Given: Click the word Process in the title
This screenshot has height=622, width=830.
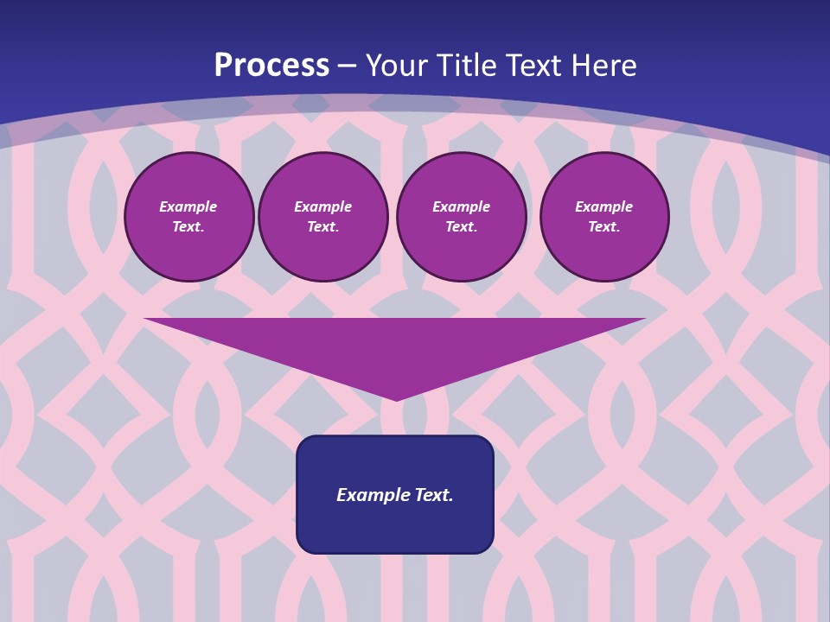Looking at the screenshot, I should (x=271, y=66).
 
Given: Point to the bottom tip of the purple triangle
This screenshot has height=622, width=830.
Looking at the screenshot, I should (x=396, y=399).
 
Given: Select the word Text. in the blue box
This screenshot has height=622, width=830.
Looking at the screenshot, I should (x=435, y=495).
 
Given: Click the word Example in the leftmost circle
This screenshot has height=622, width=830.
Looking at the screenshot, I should (x=188, y=207).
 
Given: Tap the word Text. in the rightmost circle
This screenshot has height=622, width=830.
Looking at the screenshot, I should (x=604, y=227).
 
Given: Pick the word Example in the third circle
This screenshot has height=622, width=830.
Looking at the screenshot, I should (x=462, y=207).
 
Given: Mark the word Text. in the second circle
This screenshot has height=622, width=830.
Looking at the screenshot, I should (x=323, y=227).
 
